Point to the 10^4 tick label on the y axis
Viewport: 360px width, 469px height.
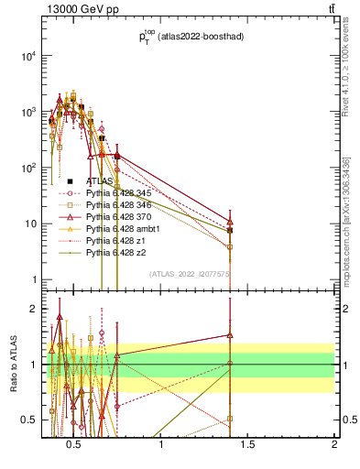[27, 56]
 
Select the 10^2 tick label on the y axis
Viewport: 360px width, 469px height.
[27, 168]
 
